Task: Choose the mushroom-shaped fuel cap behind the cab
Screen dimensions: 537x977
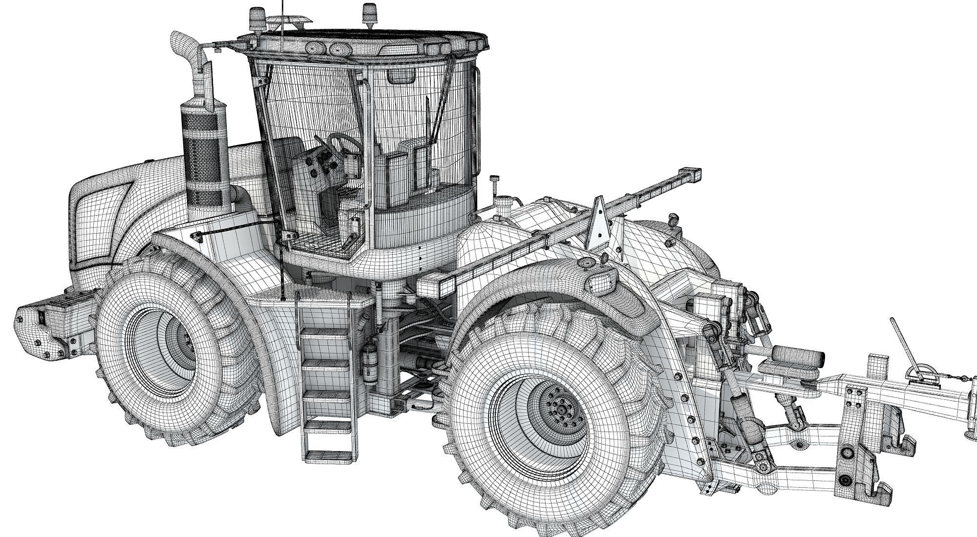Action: (496, 182)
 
